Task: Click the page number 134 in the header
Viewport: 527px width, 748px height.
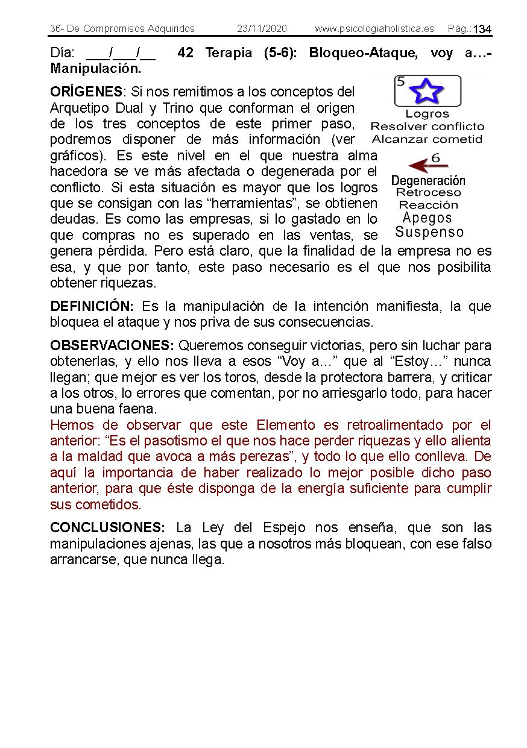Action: [x=482, y=30]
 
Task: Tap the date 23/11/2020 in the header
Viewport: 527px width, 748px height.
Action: [x=262, y=29]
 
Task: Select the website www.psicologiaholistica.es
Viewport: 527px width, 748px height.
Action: [x=374, y=29]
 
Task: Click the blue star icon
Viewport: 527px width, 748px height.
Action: [x=426, y=91]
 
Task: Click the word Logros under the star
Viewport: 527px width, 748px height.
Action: [x=427, y=114]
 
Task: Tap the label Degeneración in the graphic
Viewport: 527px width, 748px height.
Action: [x=428, y=180]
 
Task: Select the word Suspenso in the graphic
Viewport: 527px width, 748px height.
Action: [x=429, y=232]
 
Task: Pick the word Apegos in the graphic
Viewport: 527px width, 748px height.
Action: [x=427, y=218]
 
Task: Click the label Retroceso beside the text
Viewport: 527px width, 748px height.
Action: [x=428, y=193]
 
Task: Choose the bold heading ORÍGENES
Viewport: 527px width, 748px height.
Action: [x=86, y=92]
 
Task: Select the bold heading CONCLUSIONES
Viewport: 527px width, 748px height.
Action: [x=111, y=528]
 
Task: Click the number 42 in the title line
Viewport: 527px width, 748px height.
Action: [x=186, y=53]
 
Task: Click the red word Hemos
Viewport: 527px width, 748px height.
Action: [x=72, y=425]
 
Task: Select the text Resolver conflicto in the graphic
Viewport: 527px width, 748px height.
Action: [x=427, y=127]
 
